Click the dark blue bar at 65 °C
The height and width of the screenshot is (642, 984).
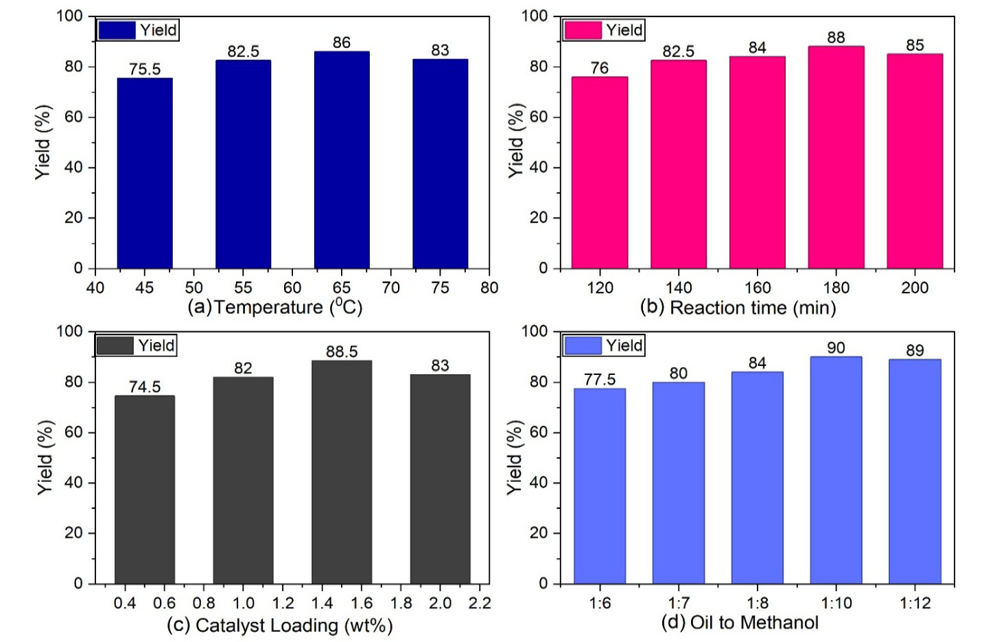click(x=342, y=160)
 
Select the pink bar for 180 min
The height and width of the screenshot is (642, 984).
click(x=836, y=157)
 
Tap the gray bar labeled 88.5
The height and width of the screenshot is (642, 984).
click(x=342, y=472)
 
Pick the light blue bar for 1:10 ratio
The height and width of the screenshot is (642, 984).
click(x=836, y=470)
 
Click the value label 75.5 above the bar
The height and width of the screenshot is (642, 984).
click(x=145, y=69)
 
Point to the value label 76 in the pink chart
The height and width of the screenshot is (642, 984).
click(x=599, y=68)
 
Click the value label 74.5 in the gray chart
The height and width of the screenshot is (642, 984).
click(x=145, y=387)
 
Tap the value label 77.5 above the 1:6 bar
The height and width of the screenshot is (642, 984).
click(x=600, y=379)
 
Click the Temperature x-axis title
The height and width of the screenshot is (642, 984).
click(x=275, y=306)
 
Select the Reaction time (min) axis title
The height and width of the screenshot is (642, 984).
click(x=738, y=307)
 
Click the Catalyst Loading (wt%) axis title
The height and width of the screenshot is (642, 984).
click(x=279, y=625)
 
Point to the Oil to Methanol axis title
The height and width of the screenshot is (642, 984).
click(x=740, y=622)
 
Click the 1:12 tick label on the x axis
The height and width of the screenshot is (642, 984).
click(x=915, y=603)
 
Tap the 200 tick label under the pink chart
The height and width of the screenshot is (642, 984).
click(x=915, y=288)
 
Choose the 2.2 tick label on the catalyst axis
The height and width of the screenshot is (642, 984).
click(x=480, y=603)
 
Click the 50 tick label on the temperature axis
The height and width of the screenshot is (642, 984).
click(x=194, y=288)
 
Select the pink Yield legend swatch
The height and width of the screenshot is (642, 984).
click(x=583, y=30)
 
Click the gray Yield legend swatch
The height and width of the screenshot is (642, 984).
click(x=115, y=346)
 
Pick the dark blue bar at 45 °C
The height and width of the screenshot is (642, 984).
click(x=145, y=173)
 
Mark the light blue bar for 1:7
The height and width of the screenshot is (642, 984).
click(x=678, y=483)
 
